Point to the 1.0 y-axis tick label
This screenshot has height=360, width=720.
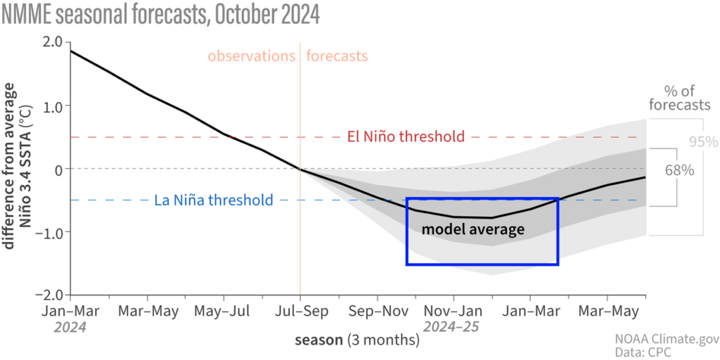pyautogui.click(x=53, y=105)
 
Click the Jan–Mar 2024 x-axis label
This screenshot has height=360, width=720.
pyautogui.click(x=70, y=310)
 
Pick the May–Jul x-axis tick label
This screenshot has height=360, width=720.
pyautogui.click(x=223, y=310)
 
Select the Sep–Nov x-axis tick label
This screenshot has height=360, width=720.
pyautogui.click(x=377, y=310)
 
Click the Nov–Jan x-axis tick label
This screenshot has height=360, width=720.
pyautogui.click(x=453, y=310)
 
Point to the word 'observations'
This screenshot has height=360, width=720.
pyautogui.click(x=251, y=56)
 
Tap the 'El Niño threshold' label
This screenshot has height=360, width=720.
pyautogui.click(x=406, y=136)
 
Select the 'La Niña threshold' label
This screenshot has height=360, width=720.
pyautogui.click(x=213, y=200)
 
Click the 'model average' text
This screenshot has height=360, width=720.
pyautogui.click(x=472, y=230)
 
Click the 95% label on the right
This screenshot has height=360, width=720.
pyautogui.click(x=702, y=141)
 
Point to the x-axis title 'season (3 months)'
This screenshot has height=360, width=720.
pyautogui.click(x=356, y=340)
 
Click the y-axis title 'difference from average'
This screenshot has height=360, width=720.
pyautogui.click(x=10, y=165)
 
